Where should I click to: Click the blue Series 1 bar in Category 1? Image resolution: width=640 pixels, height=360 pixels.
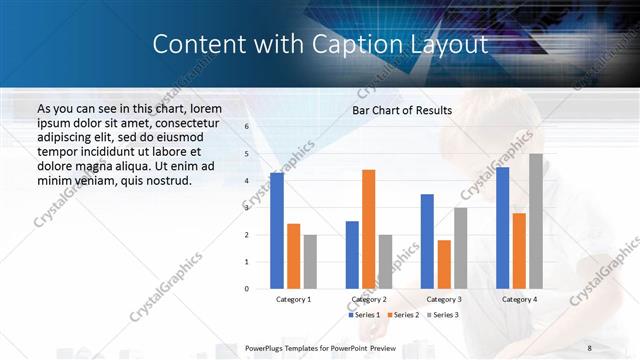coord(277,231)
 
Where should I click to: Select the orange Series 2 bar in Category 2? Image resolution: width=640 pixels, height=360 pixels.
coord(368,229)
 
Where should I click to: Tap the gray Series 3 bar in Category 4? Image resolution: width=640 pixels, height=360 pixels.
coord(536,221)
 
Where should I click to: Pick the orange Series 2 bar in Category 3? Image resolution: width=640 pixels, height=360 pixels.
coord(443,264)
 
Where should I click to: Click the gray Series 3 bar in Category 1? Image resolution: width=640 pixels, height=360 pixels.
coord(310,262)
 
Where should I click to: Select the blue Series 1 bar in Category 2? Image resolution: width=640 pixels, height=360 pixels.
coord(352,255)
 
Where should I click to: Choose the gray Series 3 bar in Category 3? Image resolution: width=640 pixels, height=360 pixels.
coord(460,248)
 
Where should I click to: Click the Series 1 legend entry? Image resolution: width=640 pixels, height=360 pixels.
coord(364,315)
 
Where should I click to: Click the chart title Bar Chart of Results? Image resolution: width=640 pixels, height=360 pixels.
coord(402,110)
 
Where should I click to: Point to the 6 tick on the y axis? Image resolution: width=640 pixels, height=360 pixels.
coord(246,127)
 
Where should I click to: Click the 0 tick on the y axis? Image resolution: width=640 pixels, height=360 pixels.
coord(246,289)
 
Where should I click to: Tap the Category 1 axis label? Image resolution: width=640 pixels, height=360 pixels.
coord(293,299)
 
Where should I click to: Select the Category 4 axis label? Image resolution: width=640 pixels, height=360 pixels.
coord(519,299)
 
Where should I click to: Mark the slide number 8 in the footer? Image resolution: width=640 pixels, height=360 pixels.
coord(589,347)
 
